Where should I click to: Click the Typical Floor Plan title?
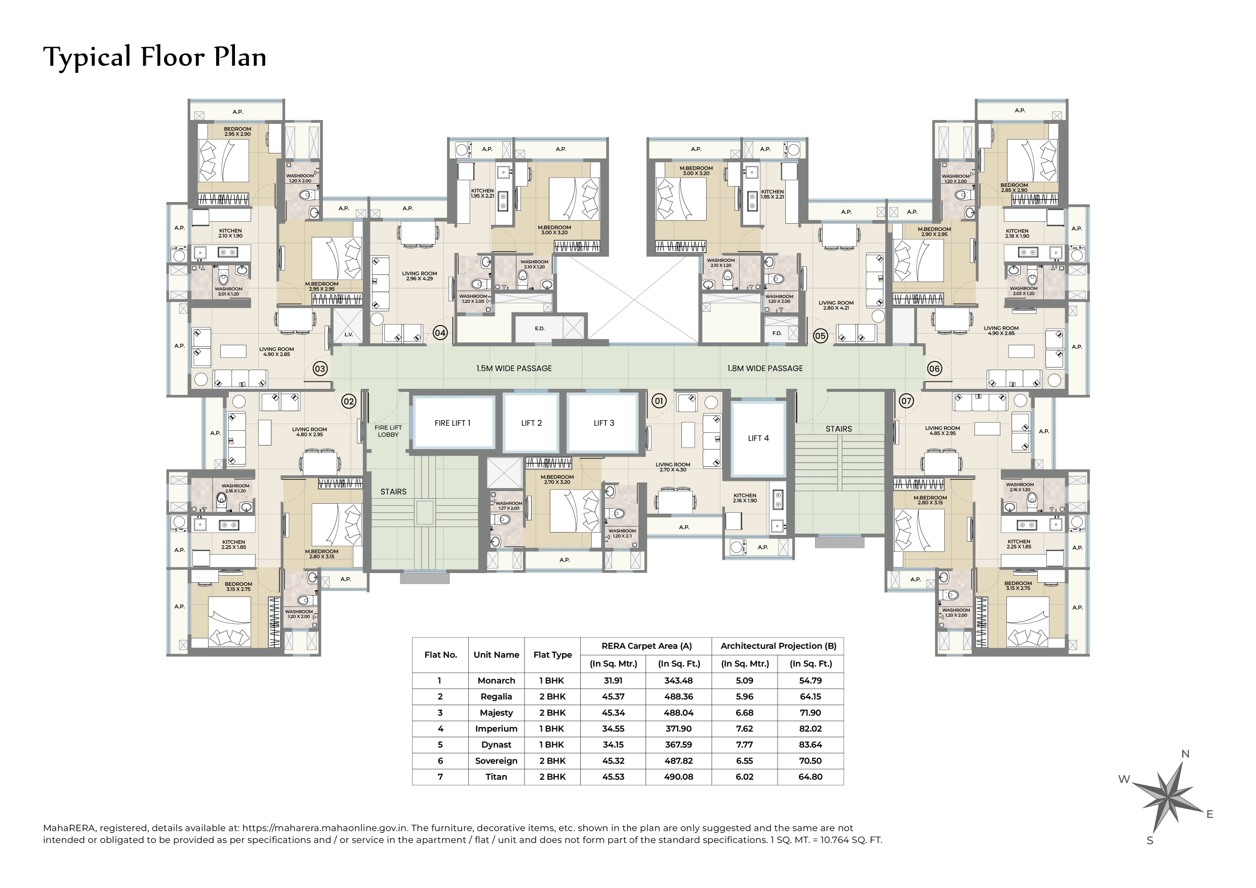pos(155,57)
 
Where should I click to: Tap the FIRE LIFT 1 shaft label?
pos(453,423)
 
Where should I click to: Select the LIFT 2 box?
pos(531,423)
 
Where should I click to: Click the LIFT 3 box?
pos(604,423)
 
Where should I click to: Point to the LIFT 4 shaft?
pos(758,438)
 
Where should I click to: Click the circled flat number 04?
pos(440,332)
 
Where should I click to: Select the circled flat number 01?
pos(659,401)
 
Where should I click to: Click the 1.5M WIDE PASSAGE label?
pos(514,368)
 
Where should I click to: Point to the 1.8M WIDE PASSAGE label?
pos(765,368)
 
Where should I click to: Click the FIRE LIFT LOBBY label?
pos(388,431)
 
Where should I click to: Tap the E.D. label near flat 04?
pos(539,328)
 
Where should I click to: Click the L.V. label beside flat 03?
pos(348,334)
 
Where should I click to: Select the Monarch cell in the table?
pos(496,680)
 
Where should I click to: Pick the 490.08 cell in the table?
pos(678,777)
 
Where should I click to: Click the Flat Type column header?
pos(552,655)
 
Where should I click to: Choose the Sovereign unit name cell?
pos(496,760)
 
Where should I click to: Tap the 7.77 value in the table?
pos(745,745)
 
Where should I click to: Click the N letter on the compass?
pos(1185,754)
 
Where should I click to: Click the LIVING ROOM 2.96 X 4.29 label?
pos(420,276)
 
